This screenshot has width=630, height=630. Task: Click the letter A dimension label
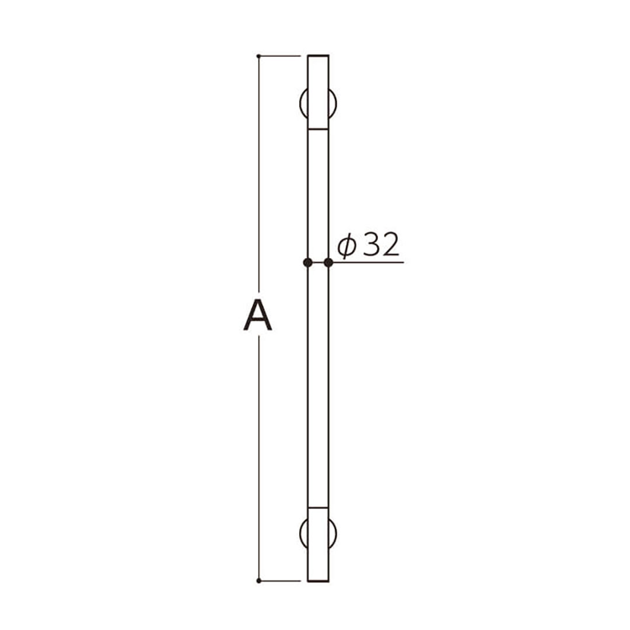[258, 315]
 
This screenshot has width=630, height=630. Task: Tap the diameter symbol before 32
[346, 247]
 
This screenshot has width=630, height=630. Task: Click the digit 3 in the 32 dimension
[371, 246]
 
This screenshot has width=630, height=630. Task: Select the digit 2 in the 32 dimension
[390, 246]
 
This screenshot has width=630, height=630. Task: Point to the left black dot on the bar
[307, 262]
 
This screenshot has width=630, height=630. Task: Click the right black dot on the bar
[328, 262]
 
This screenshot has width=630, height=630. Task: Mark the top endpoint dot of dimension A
[258, 56]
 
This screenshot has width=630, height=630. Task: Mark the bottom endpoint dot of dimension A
[258, 580]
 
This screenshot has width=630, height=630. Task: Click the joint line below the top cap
[318, 129]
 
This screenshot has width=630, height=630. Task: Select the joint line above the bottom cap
[318, 508]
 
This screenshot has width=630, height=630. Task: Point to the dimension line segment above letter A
[259, 175]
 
